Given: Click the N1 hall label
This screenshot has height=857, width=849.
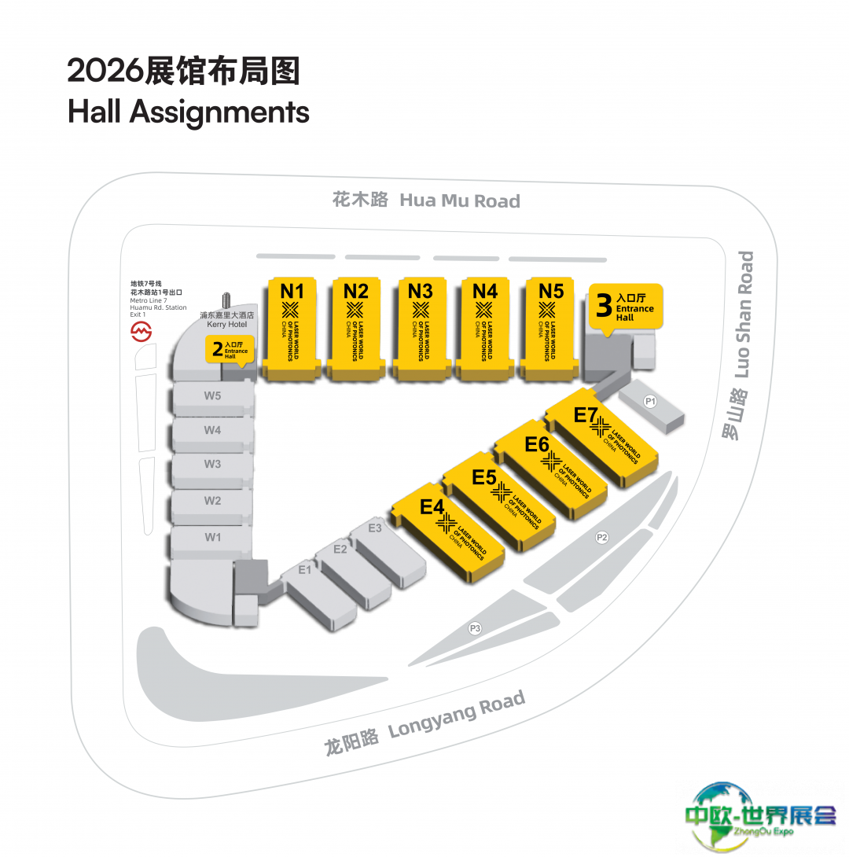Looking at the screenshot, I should coord(292,292).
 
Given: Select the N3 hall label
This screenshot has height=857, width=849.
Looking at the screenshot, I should coord(421,292).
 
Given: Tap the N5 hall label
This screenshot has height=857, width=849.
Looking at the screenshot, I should coord(551,292).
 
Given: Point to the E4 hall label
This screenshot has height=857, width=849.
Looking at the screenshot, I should coord(432,507).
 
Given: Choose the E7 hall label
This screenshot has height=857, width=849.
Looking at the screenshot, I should coord(586,414).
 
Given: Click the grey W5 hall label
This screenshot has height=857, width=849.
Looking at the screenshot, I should coord(212,395).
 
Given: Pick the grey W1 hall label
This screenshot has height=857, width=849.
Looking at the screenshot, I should coord(212,537).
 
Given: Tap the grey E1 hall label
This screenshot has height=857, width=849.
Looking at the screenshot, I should coord(304,570).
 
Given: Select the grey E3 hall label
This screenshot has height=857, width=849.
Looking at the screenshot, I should coord(374,528).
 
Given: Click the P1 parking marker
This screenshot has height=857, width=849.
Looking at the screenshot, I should coord(650,402).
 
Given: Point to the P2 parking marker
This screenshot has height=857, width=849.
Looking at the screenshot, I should coord(602,538).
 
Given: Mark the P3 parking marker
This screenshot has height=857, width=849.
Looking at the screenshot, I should coord(474,627).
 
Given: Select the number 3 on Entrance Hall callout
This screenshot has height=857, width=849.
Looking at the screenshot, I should coord(604,306).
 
